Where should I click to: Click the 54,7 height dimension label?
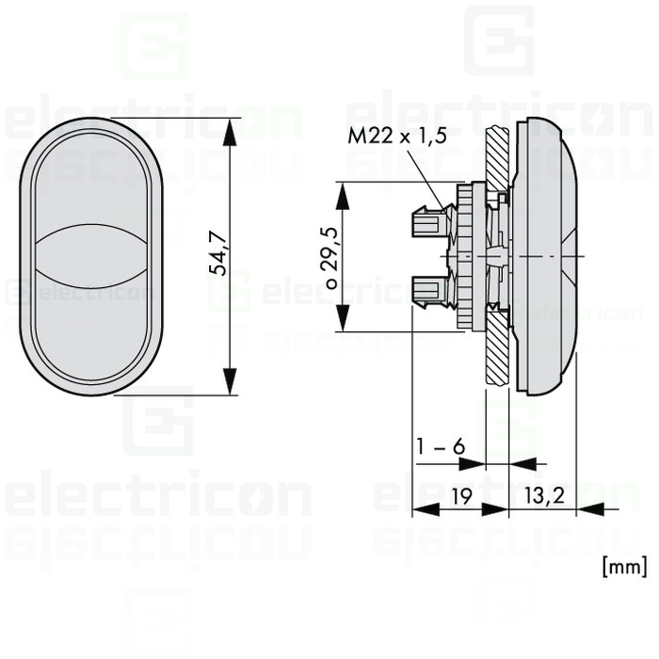click(218, 253)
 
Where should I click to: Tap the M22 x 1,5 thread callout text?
click(396, 136)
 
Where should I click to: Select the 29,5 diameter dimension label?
click(329, 248)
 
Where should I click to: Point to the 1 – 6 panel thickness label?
click(441, 446)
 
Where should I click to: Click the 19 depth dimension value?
click(462, 496)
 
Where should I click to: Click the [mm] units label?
click(624, 567)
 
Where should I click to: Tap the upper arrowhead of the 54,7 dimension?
click(230, 132)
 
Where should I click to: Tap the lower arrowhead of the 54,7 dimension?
click(230, 381)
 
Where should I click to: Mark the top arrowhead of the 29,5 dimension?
click(343, 196)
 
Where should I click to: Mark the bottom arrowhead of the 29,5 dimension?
click(343, 318)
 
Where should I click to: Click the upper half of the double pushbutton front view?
click(90, 185)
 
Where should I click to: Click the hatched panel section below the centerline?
click(498, 348)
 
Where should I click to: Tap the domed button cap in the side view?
click(546, 255)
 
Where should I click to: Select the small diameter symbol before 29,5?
click(332, 283)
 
